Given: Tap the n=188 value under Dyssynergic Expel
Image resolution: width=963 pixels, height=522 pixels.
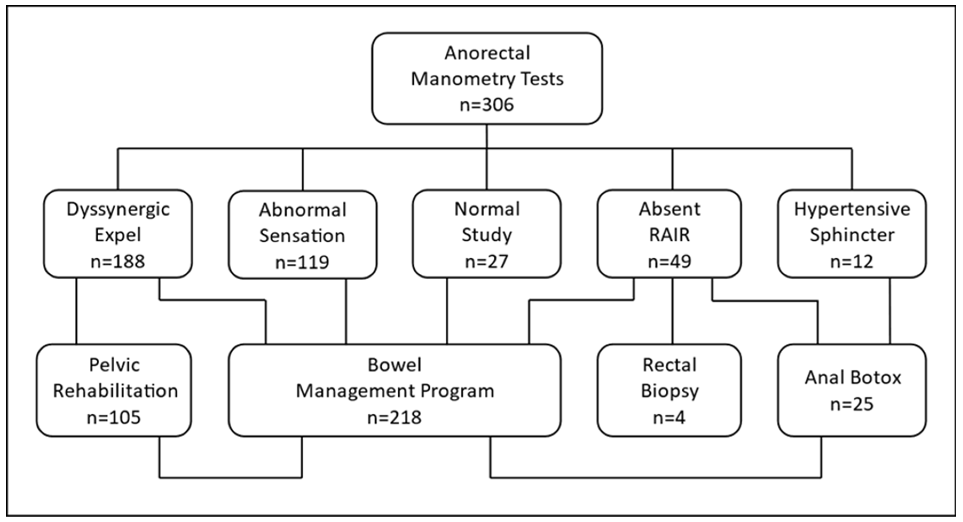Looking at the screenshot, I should (x=117, y=261).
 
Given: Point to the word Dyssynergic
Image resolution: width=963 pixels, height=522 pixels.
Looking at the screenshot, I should (x=118, y=209).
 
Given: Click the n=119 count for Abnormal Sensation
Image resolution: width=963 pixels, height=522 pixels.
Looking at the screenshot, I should (x=302, y=262).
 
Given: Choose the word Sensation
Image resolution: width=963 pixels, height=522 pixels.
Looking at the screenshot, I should (x=302, y=236).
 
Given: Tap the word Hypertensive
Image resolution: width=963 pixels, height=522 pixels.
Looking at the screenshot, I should (x=852, y=209).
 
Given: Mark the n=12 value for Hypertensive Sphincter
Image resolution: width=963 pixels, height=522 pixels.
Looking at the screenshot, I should (x=852, y=261).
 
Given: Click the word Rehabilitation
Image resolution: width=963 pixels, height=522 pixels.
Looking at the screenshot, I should (x=115, y=391).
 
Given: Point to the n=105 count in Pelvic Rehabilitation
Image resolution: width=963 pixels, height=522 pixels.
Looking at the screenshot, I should (x=114, y=417).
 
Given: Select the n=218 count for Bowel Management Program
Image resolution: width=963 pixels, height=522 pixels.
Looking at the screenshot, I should (x=394, y=417).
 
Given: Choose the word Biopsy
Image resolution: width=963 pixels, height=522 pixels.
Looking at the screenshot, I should (x=670, y=391).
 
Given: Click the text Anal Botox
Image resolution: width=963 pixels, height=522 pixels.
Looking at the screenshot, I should (x=853, y=377).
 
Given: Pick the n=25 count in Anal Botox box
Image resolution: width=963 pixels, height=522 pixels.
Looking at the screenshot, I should (x=852, y=404).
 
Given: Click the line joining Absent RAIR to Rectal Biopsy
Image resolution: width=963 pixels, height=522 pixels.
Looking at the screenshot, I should (x=673, y=311).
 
